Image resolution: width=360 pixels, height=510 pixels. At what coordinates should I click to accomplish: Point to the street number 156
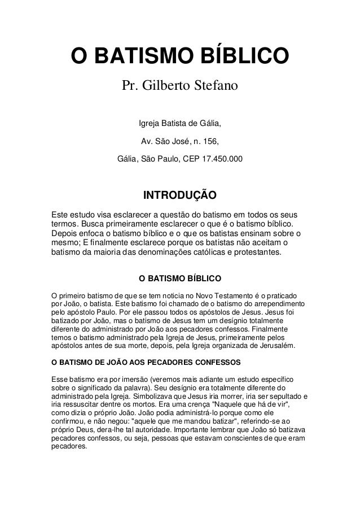209,141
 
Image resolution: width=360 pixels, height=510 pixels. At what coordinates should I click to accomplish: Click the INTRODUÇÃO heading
180,197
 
